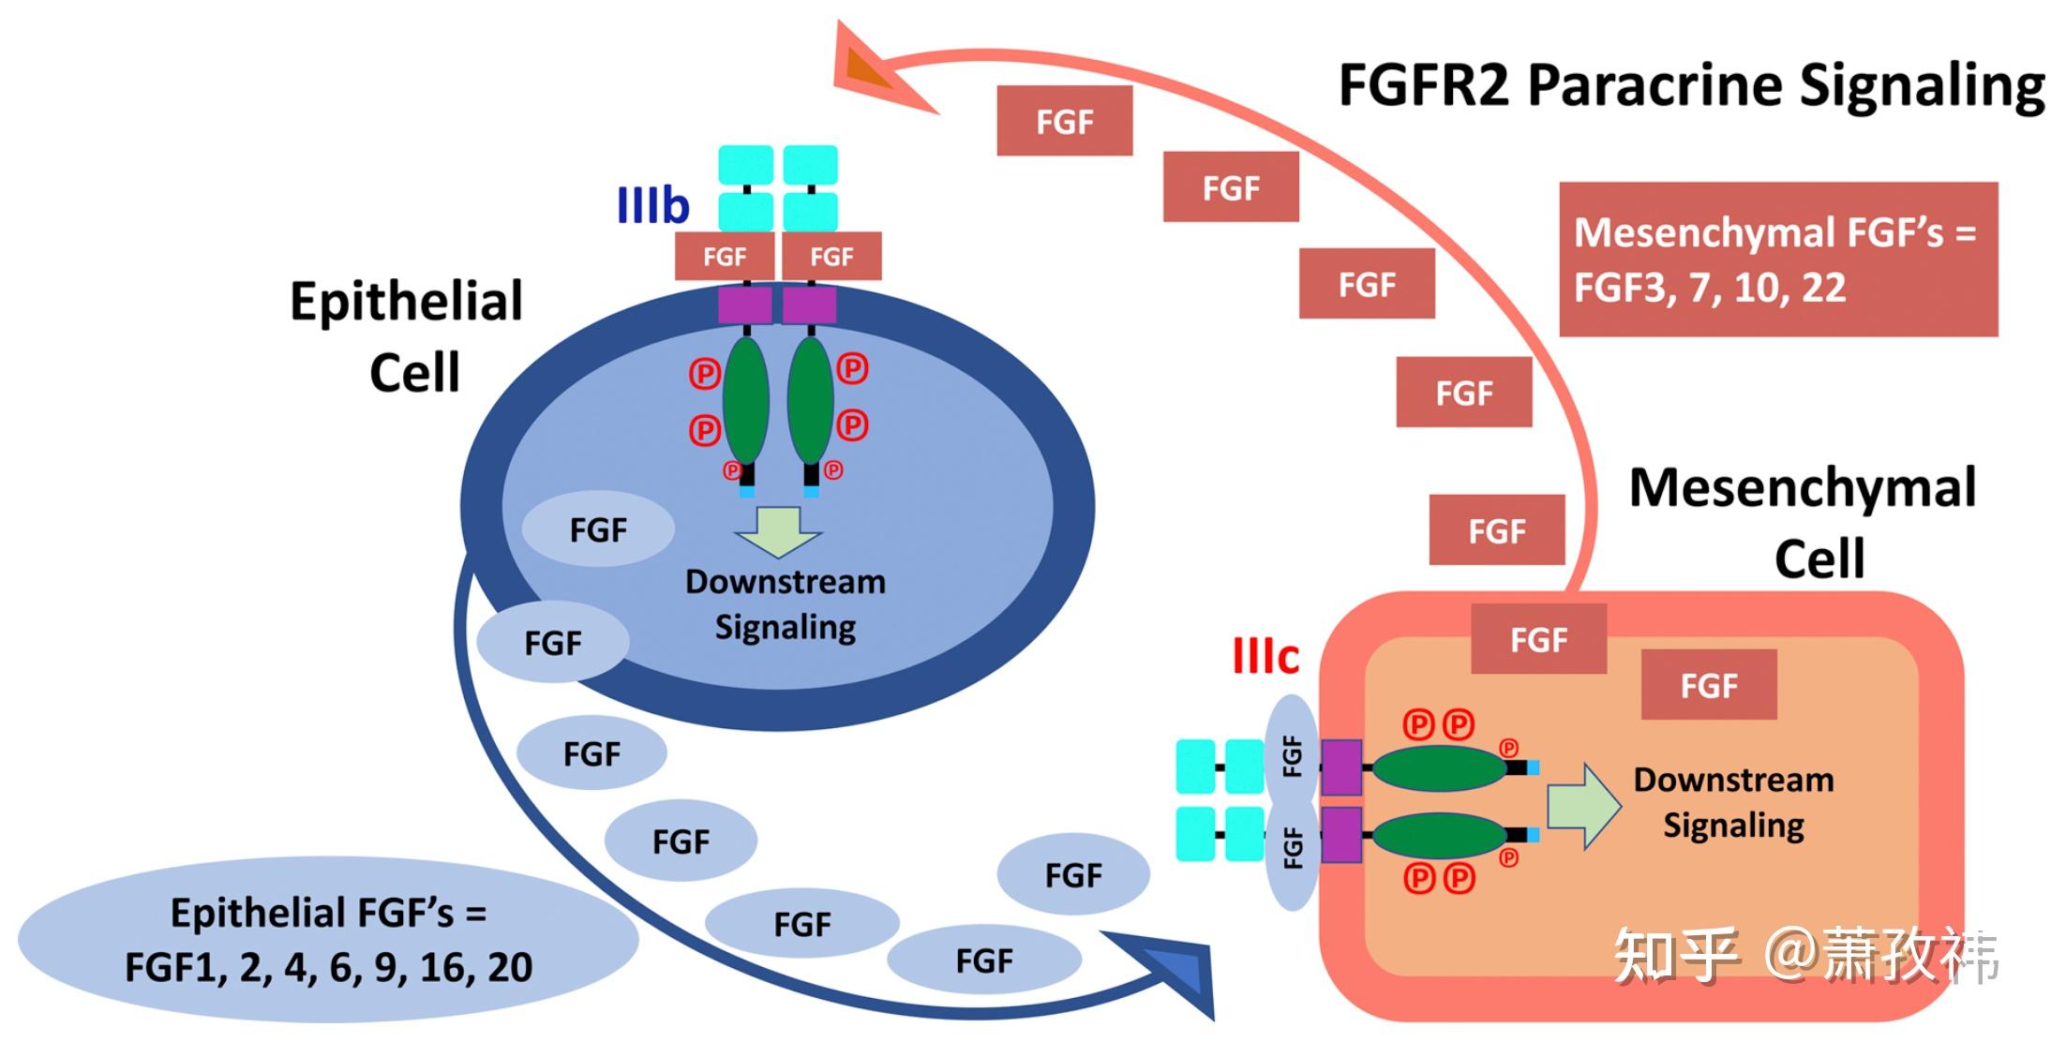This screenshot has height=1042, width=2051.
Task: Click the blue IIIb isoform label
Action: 652,205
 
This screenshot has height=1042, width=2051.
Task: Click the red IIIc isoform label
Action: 1265,657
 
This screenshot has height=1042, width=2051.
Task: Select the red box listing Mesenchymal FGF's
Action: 1778,260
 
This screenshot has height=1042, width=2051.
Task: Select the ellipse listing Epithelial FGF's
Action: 328,940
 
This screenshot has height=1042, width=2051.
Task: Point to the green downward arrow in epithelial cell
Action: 778,531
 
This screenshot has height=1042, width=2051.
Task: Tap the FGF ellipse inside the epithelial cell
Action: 598,530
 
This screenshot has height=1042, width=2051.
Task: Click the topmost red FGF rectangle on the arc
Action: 1064,121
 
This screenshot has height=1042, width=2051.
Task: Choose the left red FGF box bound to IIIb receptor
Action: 725,257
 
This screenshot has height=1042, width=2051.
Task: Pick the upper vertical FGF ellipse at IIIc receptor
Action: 1292,755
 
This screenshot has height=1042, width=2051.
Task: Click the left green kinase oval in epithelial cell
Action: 746,400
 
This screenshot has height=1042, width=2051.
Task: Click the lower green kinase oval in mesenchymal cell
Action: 1439,836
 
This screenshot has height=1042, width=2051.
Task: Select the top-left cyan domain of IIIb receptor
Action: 745,165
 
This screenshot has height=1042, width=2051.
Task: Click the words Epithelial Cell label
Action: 407,336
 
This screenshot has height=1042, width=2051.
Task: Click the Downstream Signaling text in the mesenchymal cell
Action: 1733,802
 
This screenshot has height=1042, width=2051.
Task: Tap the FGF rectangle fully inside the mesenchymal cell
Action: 1708,685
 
